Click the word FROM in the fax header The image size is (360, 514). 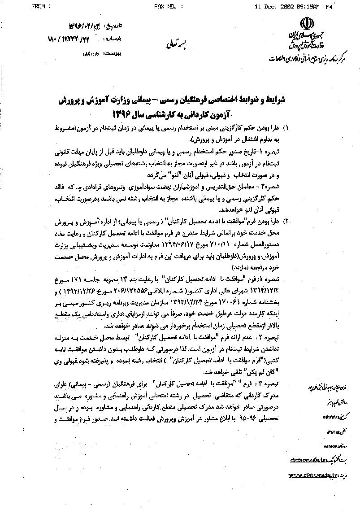click(40, 7)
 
